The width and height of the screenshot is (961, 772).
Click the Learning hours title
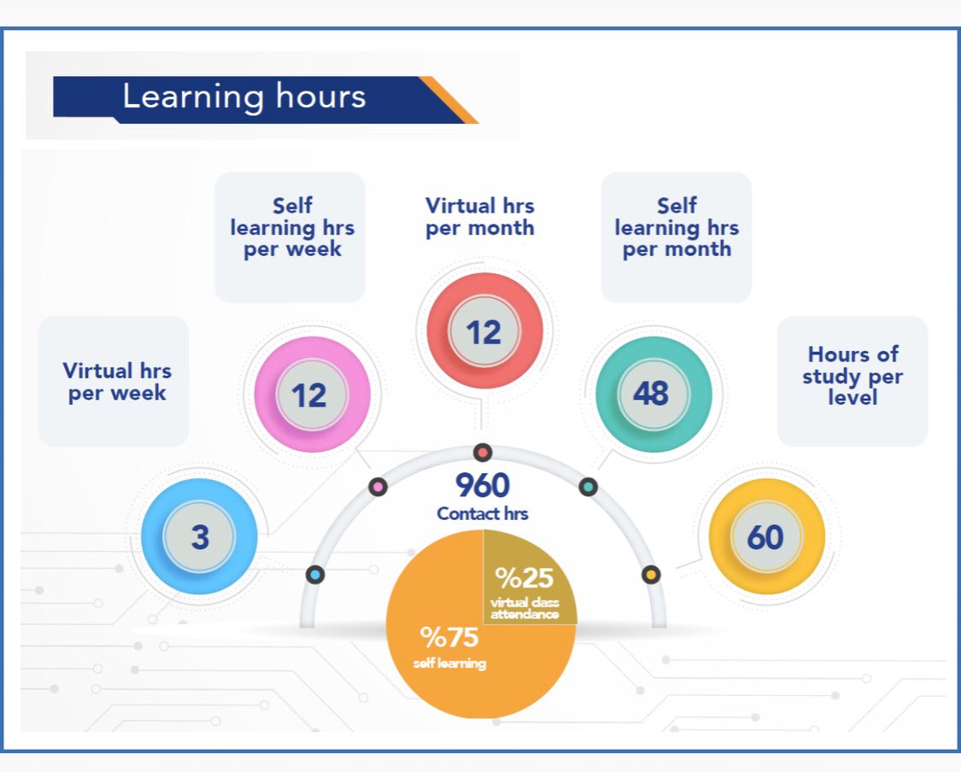click(244, 96)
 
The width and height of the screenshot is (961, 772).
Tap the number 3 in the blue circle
click(200, 537)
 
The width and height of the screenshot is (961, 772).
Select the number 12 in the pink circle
click(309, 395)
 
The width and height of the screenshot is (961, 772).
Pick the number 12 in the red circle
click(483, 332)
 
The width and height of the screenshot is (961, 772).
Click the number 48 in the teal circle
click(651, 394)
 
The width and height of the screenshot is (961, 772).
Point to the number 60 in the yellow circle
click(765, 537)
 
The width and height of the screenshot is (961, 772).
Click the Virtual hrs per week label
click(116, 382)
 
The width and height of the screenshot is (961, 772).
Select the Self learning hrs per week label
click(292, 228)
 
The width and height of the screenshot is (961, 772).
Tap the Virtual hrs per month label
click(480, 217)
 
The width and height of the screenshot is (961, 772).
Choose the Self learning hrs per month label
click(677, 228)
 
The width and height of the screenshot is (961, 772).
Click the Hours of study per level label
click(853, 376)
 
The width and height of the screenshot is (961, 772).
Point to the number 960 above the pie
click(483, 486)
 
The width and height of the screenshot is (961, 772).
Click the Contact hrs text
click(483, 514)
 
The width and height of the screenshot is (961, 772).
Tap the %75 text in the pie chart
click(449, 637)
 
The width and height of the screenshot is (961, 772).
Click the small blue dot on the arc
click(315, 575)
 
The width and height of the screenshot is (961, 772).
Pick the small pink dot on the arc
click(378, 487)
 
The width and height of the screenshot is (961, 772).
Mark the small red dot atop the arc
click(483, 453)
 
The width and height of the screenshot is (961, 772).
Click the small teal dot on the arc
click(588, 487)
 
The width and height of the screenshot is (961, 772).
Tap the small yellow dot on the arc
click(651, 575)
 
